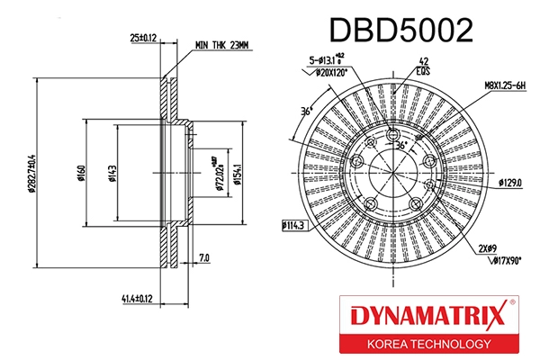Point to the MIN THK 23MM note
pyautogui.click(x=220, y=43)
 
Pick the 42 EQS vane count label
pyautogui.click(x=422, y=67)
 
